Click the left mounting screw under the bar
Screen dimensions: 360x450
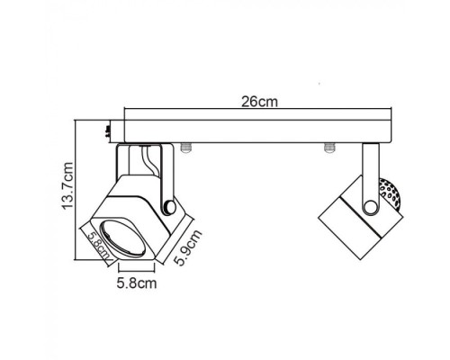(x=186, y=146)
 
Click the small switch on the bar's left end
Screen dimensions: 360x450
(x=108, y=131)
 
